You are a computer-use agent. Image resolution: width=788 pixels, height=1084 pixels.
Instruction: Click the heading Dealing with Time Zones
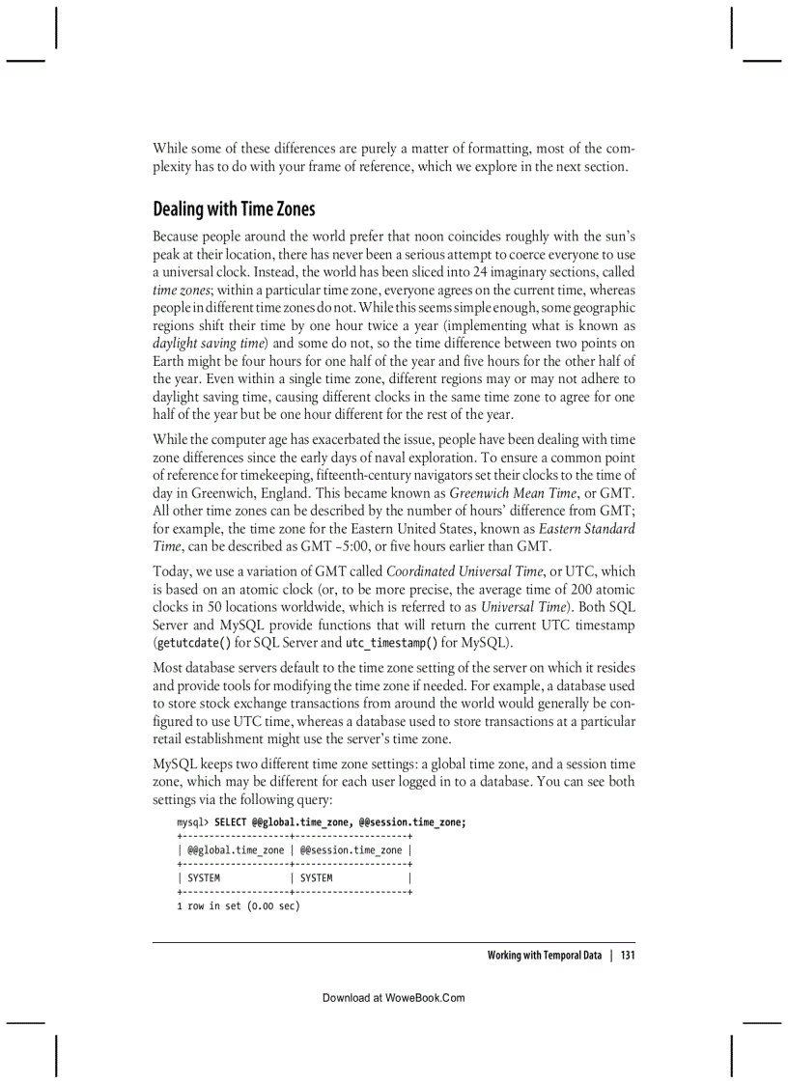(234, 209)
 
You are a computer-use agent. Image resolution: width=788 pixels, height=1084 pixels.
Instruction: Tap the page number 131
(627, 956)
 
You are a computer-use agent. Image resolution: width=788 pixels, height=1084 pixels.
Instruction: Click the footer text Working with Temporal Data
(544, 956)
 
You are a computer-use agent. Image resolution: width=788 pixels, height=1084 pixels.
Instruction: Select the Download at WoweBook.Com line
(393, 998)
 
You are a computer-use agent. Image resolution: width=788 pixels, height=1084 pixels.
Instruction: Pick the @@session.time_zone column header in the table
(351, 850)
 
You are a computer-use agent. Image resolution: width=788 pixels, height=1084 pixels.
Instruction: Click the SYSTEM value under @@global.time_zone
(204, 878)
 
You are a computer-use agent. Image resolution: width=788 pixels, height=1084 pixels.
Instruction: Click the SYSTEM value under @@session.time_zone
(316, 878)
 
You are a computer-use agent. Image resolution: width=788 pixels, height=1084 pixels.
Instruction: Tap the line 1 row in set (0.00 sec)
(238, 906)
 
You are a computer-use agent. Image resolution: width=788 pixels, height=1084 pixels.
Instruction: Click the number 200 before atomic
(558, 590)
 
